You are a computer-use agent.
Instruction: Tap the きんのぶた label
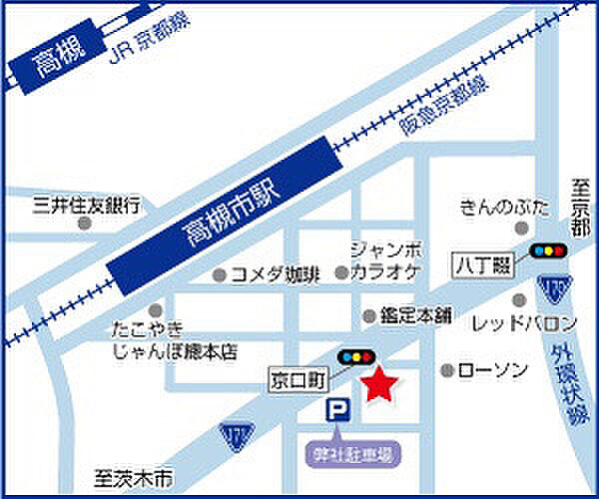505,208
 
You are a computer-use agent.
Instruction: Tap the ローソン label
492,370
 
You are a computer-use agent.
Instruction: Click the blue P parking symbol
337,409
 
